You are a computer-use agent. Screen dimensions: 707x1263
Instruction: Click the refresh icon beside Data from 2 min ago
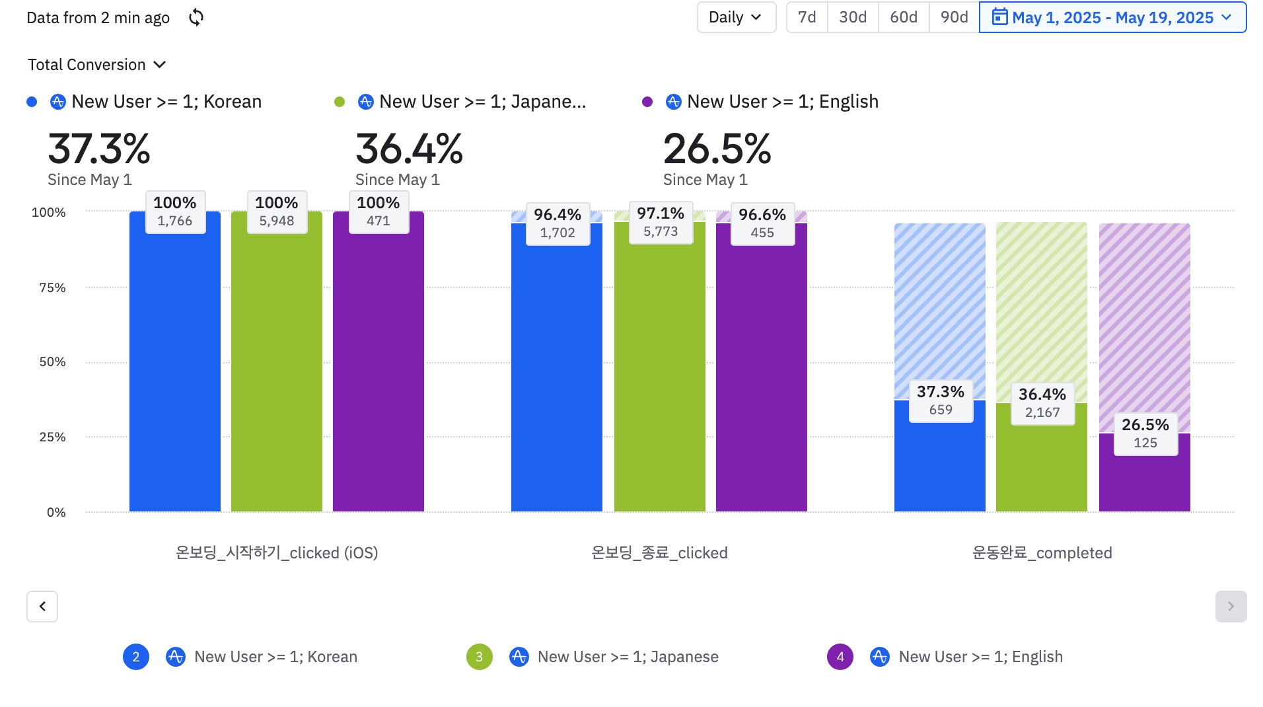(196, 18)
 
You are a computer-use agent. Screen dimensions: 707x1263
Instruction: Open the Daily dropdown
(736, 18)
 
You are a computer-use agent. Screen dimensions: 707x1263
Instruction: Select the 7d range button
(807, 18)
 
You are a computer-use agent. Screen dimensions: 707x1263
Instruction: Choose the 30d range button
(853, 18)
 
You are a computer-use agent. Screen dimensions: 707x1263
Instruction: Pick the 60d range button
(904, 18)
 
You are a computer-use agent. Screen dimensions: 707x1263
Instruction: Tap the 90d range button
(955, 18)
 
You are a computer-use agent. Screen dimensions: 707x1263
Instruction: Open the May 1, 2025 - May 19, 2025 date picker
(1112, 18)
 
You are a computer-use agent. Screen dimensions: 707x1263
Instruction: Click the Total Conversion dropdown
(96, 65)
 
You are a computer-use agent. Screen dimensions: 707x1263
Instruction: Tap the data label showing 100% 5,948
(277, 211)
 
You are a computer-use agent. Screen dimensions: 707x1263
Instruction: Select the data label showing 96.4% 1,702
(558, 223)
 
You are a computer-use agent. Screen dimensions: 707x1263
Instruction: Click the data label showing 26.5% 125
(1145, 433)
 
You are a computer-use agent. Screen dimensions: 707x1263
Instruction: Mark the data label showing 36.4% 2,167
(1042, 403)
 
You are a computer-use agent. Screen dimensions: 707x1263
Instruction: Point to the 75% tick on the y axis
(52, 287)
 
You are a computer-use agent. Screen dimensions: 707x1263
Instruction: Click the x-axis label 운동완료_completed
(1042, 553)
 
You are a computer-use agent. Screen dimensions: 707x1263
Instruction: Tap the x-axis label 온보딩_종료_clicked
(659, 553)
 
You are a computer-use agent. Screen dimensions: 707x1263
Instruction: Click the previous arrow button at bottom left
(42, 607)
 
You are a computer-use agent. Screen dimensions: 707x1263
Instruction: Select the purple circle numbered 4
(840, 657)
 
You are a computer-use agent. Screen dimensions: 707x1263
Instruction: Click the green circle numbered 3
(479, 657)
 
